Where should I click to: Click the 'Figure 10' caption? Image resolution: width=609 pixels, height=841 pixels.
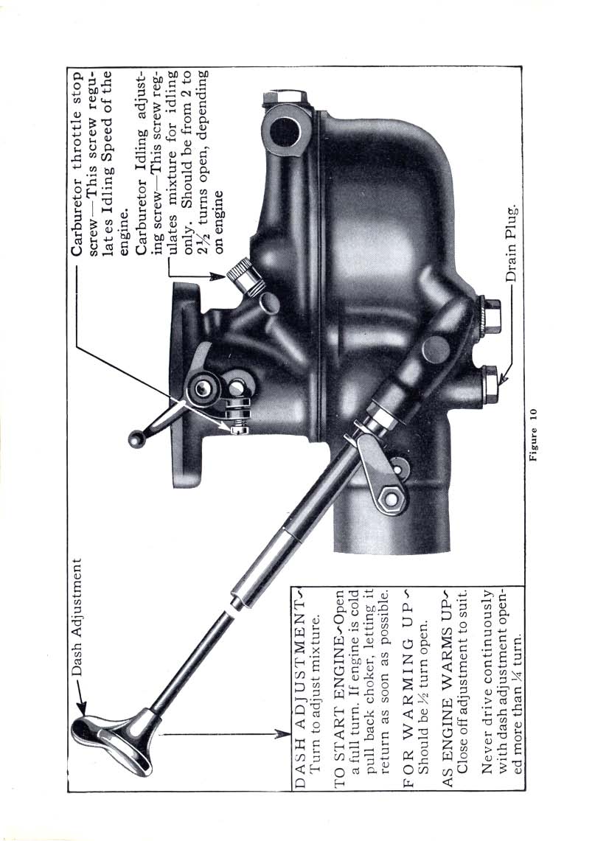[x=534, y=435]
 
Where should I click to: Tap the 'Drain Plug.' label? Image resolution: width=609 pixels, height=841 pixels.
[x=512, y=243]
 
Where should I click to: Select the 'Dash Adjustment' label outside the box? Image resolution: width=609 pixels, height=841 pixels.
[x=77, y=617]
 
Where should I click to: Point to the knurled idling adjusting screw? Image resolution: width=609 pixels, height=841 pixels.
[x=244, y=276]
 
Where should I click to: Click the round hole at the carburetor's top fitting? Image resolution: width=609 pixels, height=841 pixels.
[x=285, y=130]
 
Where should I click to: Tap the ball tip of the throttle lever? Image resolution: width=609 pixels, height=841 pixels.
[x=134, y=439]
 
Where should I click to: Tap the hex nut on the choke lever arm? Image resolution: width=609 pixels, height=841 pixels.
[x=391, y=500]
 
